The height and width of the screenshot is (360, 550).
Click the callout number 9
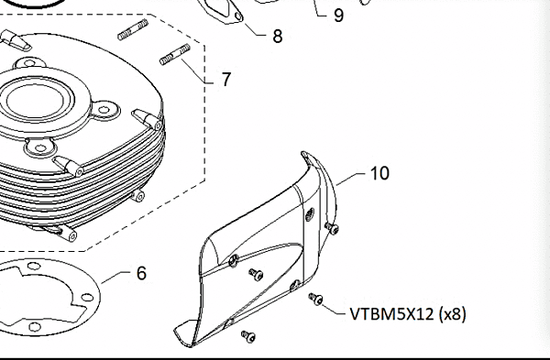coord(338,16)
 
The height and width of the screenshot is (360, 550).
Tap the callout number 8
coord(278,37)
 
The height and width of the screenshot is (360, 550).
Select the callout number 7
coord(225,79)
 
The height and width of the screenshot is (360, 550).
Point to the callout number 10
coord(380,171)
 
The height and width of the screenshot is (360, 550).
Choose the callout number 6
coord(141,272)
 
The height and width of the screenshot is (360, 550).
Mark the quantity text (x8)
coord(451,313)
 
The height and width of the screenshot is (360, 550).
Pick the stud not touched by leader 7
coord(133,32)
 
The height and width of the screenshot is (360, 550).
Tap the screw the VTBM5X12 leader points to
coord(315,298)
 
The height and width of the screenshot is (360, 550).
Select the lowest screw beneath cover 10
coord(247,336)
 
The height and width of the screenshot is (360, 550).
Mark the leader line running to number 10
coord(352,178)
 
